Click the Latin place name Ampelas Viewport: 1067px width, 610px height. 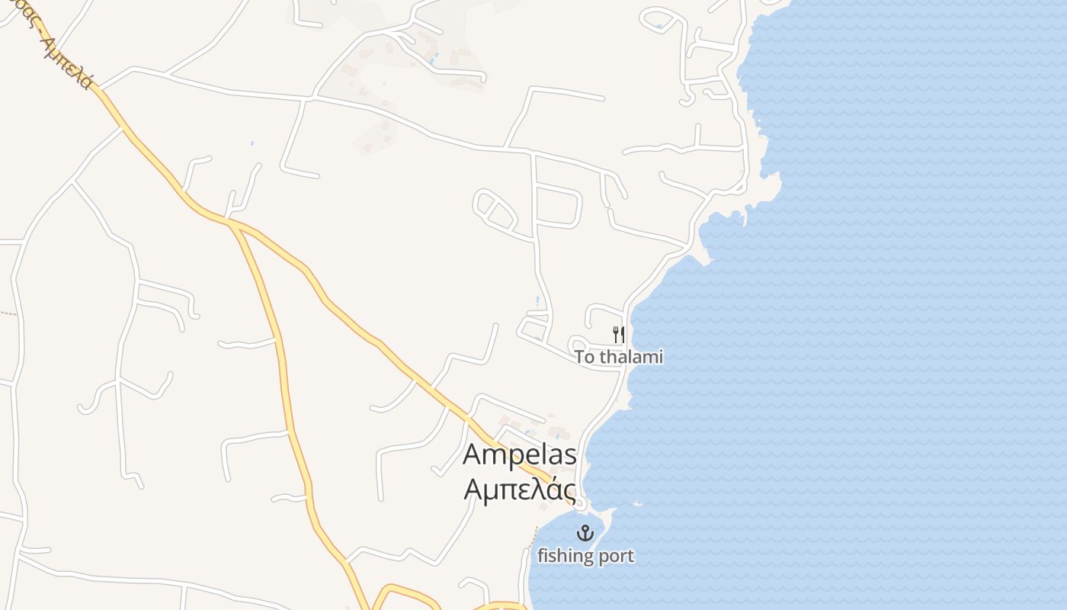(x=520, y=455)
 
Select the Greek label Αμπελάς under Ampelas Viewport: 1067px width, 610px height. (x=520, y=488)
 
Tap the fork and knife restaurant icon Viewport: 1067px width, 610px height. (x=619, y=334)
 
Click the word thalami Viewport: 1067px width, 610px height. (x=630, y=357)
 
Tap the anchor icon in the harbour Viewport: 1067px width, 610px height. (x=585, y=533)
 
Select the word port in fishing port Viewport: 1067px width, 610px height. (x=614, y=557)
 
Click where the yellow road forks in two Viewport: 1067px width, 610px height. (x=231, y=222)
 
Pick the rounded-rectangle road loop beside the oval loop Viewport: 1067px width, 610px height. (x=559, y=204)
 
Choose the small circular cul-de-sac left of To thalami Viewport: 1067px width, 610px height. (x=577, y=344)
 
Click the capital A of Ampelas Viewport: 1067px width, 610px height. (x=474, y=455)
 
